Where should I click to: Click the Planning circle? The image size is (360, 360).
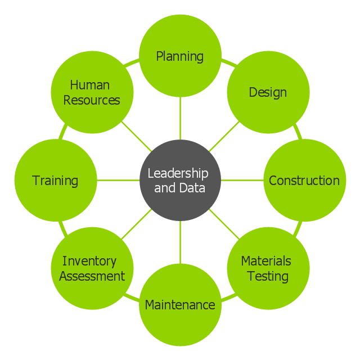coord(180,56)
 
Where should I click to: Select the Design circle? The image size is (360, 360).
coord(268,92)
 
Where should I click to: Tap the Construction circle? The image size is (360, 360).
coord(304,181)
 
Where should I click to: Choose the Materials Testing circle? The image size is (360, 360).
coord(268,268)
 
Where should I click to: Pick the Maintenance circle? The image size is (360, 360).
coord(180,305)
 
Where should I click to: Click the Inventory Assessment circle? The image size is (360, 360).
coord(92,268)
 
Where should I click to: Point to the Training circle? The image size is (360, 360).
coord(55,181)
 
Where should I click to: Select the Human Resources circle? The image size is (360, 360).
coord(92,92)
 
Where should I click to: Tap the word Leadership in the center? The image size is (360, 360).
coord(178,173)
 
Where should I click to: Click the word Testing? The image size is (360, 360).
coord(268,276)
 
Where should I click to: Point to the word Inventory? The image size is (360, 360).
coord(89,261)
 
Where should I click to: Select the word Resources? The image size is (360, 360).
coord(92,100)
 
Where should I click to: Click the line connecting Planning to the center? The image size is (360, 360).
coord(180,118)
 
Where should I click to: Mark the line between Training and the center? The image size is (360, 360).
coord(118,180)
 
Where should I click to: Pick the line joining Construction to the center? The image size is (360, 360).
coord(242,180)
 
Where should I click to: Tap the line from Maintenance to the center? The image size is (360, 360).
coord(180,242)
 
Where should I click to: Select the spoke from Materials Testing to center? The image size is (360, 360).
coord(224,224)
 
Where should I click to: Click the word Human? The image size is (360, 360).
coord(89,85)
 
